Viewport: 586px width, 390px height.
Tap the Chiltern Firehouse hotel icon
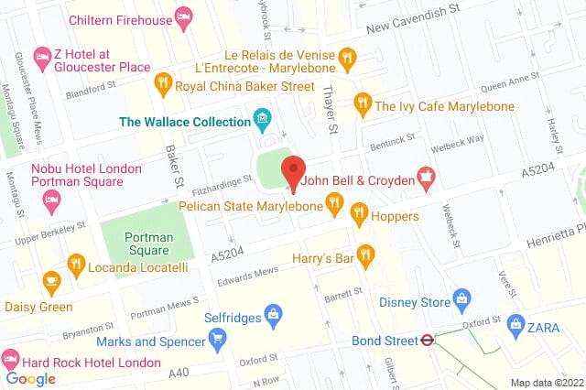coord(183,18)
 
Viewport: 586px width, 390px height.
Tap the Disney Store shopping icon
coord(462,299)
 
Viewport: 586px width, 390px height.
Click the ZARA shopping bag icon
coord(516,325)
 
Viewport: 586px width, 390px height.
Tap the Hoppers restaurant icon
coord(360,216)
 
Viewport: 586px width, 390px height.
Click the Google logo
coord(30,378)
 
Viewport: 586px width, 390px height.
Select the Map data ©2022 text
coord(546,382)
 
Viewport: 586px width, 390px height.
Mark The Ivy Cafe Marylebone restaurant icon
coord(363,103)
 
